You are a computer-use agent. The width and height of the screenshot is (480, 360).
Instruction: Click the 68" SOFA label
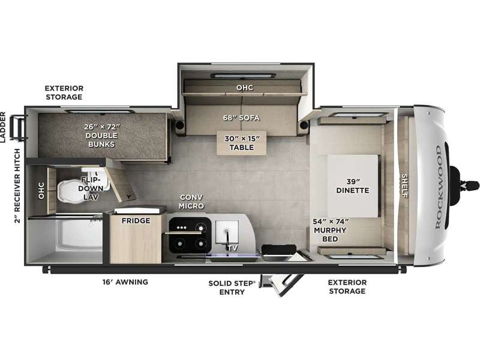click(x=241, y=118)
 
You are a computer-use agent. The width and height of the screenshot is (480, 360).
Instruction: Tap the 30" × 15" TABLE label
click(x=242, y=143)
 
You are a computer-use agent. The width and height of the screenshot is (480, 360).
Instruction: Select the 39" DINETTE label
click(x=352, y=186)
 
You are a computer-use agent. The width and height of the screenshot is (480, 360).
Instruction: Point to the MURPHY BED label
click(x=330, y=235)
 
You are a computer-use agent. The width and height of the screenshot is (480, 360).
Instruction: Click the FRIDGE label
click(x=136, y=221)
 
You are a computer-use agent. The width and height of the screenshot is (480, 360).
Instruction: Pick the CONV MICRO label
click(x=191, y=202)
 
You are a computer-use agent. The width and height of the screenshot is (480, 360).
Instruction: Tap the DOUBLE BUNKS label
click(x=101, y=140)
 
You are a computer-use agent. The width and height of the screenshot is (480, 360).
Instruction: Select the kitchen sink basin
click(x=227, y=232)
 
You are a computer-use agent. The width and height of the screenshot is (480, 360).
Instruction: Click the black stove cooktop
click(x=190, y=235)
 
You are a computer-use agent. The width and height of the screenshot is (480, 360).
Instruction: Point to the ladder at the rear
click(x=18, y=127)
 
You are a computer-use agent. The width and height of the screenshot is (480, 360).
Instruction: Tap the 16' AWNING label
click(x=125, y=282)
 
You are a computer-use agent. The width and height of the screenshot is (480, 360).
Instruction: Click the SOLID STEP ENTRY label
click(x=232, y=288)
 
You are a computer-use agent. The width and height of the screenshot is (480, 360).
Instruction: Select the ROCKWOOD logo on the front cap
click(x=439, y=187)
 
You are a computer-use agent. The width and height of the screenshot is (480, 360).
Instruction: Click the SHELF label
click(x=404, y=186)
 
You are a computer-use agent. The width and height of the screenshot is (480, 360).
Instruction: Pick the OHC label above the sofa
click(x=245, y=88)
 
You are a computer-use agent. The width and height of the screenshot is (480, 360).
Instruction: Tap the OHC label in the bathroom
click(x=41, y=191)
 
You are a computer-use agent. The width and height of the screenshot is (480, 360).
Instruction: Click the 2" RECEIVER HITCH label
click(x=17, y=185)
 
